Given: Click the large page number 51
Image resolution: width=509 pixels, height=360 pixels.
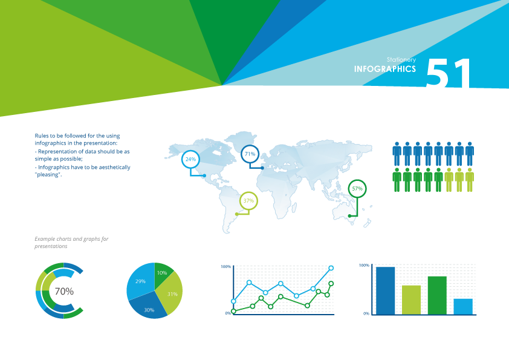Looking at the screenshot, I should pos(448,74).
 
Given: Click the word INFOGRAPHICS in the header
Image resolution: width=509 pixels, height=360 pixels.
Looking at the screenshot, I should pos(384,69).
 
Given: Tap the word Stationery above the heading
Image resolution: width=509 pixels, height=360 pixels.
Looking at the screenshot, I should pos(401,59).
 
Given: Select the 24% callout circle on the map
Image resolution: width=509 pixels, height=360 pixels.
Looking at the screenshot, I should pos(190,159).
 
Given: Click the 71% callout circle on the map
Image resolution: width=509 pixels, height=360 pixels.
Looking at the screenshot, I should pos(250,154).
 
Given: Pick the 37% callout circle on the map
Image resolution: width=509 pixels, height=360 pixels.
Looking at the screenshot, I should pos(248,200).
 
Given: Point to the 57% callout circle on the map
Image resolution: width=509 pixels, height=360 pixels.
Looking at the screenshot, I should pos(357,189).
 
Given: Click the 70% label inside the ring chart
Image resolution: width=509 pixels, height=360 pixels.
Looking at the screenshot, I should pos(64,291).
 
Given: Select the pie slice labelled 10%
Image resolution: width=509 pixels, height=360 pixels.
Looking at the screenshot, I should pos(163,272).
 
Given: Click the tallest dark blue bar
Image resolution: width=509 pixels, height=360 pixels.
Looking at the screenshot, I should pos(386,290).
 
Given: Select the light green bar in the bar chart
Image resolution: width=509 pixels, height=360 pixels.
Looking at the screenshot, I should pos(411,299).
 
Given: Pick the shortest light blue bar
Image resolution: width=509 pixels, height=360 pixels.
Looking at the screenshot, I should pos(463,306).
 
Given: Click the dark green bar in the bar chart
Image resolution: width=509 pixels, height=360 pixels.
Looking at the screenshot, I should pos(437,295).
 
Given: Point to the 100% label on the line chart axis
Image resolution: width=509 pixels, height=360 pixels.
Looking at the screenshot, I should pos(226,267).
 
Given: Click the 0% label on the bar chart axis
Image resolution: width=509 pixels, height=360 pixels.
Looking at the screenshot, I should pos(366,313).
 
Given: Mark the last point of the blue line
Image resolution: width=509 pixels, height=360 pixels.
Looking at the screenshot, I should pos(331,268).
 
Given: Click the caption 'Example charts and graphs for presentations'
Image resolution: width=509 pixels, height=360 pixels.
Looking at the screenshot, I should pos(71,243).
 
